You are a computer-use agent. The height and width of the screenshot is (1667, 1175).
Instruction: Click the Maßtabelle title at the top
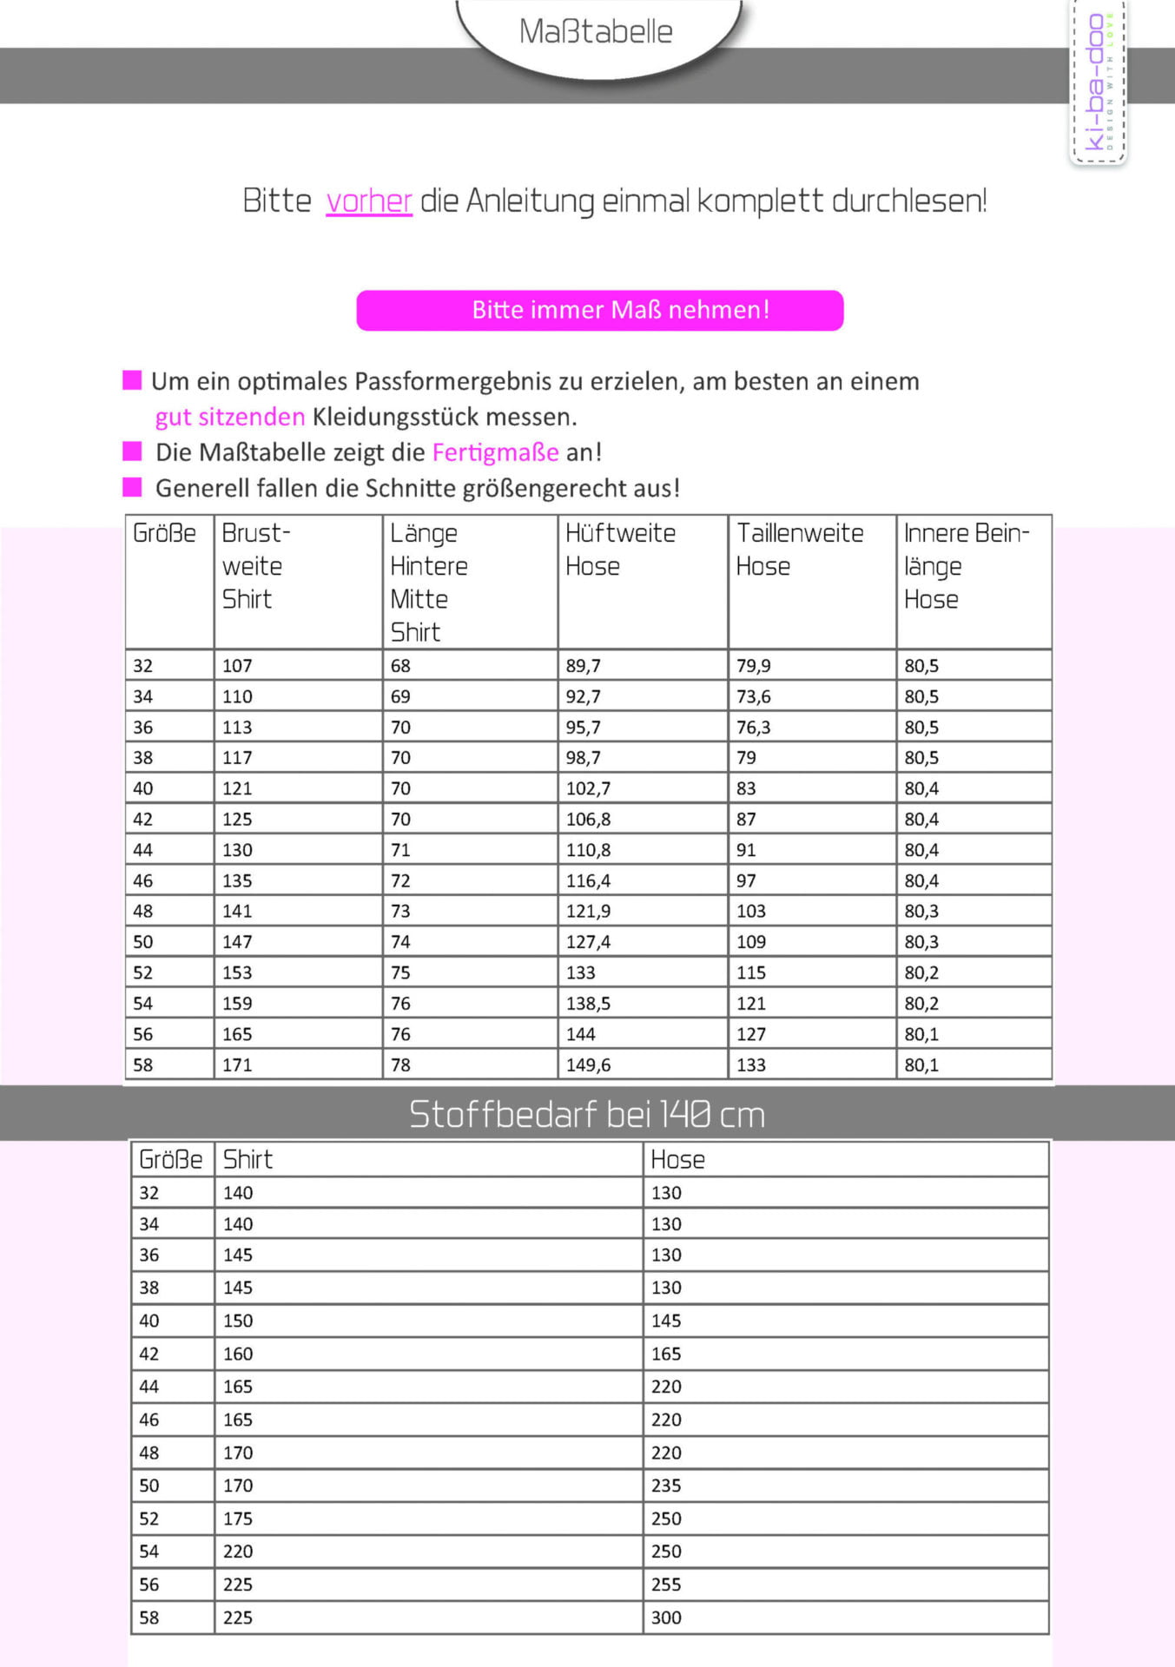coord(596,32)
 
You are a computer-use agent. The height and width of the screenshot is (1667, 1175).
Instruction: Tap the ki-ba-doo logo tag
coord(1098,82)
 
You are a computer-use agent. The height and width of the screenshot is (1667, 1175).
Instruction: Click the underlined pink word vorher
coord(368,201)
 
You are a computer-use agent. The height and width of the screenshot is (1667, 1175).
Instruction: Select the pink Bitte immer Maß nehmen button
coord(599,310)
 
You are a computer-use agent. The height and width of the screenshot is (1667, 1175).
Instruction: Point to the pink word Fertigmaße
coord(496,452)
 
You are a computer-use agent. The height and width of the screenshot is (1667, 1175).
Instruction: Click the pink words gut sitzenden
coord(230,417)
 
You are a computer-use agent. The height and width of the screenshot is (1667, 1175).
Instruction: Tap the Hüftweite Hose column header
coord(620,549)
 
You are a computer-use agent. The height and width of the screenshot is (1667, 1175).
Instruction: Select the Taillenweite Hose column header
coord(799,549)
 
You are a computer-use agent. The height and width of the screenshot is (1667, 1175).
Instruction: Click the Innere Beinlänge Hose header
coord(966,565)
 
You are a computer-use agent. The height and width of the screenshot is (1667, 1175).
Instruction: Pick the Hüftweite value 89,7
coord(583,666)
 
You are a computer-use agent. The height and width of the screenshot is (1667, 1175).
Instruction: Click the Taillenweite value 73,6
coord(753,696)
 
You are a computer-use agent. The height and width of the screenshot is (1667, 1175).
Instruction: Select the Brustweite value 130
coord(237,850)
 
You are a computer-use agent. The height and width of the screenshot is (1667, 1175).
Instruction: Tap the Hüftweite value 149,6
coord(588,1064)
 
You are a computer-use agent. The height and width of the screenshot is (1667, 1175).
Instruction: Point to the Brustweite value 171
coord(237,1064)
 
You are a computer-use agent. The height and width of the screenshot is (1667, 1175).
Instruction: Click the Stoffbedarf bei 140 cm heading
coord(587,1114)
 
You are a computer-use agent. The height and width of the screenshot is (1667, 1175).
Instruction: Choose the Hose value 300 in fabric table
coord(666,1618)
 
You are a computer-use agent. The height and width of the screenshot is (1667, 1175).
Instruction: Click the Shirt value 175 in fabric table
coord(238,1519)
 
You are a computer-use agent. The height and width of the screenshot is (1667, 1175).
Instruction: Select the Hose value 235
coord(666,1486)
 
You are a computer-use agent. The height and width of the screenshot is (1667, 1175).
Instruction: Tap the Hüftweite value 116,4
coord(588,880)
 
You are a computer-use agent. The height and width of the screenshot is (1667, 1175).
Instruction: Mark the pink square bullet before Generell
coord(132,487)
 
